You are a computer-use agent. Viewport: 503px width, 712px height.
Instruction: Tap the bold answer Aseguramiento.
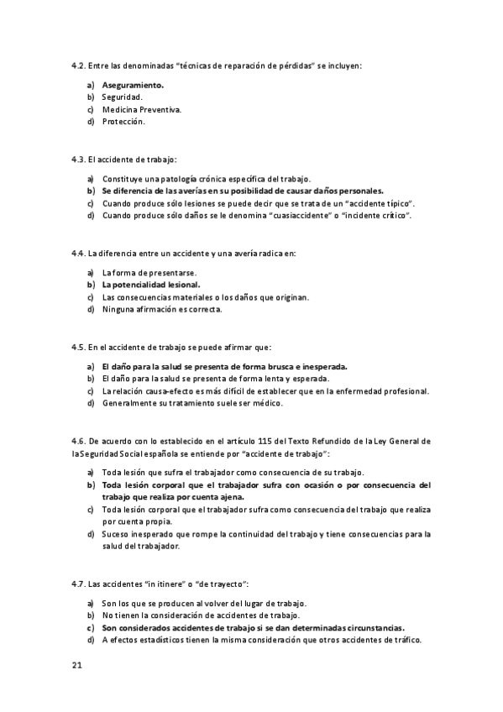(x=133, y=85)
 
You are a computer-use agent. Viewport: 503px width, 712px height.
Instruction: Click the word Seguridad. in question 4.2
(x=123, y=97)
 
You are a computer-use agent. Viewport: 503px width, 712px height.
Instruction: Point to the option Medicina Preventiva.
(x=142, y=109)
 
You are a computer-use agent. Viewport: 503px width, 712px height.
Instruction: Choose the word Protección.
(x=123, y=121)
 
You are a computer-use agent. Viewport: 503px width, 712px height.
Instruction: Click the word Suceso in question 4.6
(x=116, y=533)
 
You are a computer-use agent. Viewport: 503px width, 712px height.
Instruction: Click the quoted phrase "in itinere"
(x=165, y=583)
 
